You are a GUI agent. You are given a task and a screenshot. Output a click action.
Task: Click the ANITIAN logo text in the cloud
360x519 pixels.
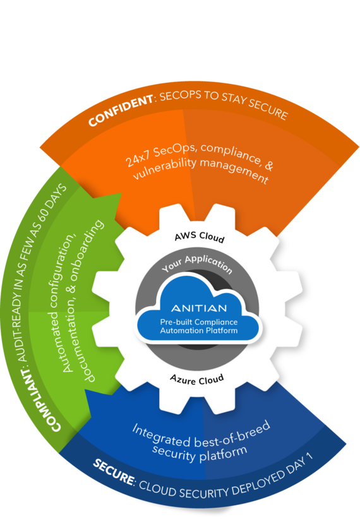[x=199, y=308]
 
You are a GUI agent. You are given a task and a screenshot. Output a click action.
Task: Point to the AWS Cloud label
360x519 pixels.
[x=200, y=237]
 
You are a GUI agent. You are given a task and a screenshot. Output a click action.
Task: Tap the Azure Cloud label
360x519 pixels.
[x=197, y=379]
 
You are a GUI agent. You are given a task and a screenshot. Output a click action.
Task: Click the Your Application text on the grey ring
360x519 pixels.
[x=197, y=264]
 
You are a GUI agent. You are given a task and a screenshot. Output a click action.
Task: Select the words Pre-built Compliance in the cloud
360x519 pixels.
[x=199, y=322]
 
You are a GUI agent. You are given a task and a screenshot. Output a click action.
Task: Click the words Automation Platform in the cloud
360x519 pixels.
[x=199, y=330]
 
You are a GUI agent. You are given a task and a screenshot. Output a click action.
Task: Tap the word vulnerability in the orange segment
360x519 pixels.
[x=165, y=169]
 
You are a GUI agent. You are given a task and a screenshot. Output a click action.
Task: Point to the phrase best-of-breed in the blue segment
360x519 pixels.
[x=232, y=433]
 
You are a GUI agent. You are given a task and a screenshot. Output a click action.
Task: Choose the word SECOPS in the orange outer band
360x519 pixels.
[x=180, y=96]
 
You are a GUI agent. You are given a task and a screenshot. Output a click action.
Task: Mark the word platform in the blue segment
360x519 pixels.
[x=223, y=454]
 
